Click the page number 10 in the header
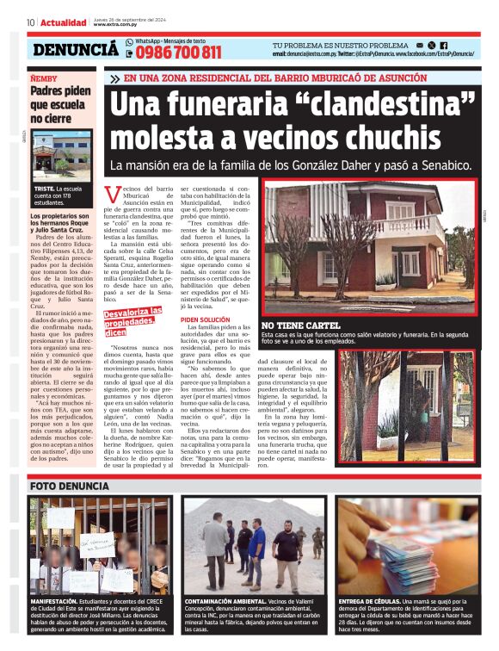[x=30, y=22]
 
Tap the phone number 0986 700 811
[x=173, y=53]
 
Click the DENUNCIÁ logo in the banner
[x=76, y=50]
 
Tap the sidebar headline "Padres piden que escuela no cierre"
[x=59, y=104]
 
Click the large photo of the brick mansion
[x=370, y=250]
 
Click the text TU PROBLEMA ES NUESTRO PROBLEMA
[x=340, y=45]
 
